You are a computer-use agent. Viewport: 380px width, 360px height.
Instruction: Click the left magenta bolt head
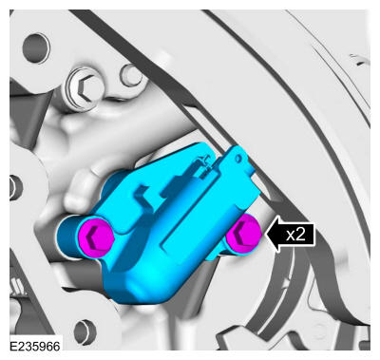[x=96, y=237]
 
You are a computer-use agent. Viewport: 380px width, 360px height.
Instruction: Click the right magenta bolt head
[x=244, y=234]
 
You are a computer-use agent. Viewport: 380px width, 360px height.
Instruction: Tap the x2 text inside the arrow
[x=295, y=235]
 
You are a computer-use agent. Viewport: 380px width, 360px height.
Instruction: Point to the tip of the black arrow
[x=267, y=235]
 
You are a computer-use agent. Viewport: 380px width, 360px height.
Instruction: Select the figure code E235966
[x=35, y=346]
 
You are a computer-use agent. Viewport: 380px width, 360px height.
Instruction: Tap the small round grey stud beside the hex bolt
[x=131, y=75]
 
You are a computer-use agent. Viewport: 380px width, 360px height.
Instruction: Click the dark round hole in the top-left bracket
[x=36, y=48]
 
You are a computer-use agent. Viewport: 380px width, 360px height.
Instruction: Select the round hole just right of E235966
[x=85, y=332]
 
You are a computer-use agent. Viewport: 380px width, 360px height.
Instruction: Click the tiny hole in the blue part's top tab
[x=239, y=158]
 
